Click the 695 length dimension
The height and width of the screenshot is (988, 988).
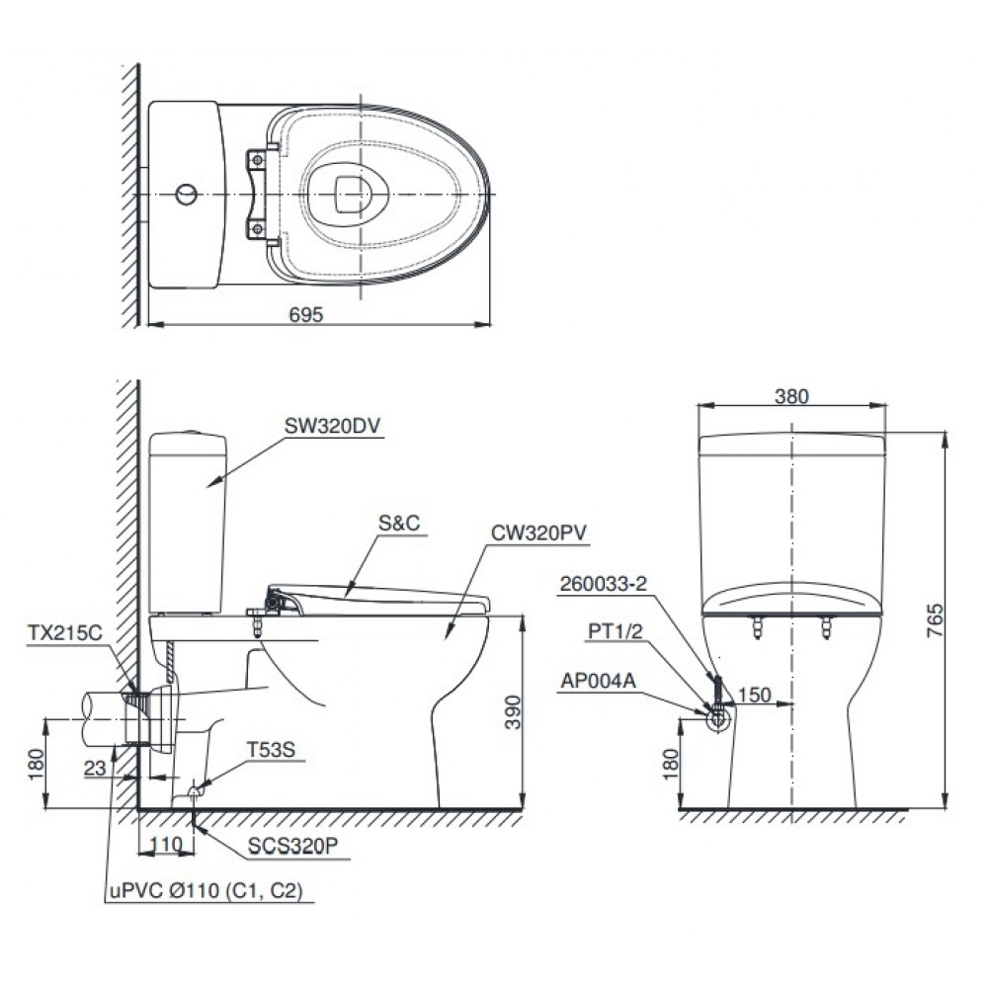(307, 313)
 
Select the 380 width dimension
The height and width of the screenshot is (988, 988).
(792, 396)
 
